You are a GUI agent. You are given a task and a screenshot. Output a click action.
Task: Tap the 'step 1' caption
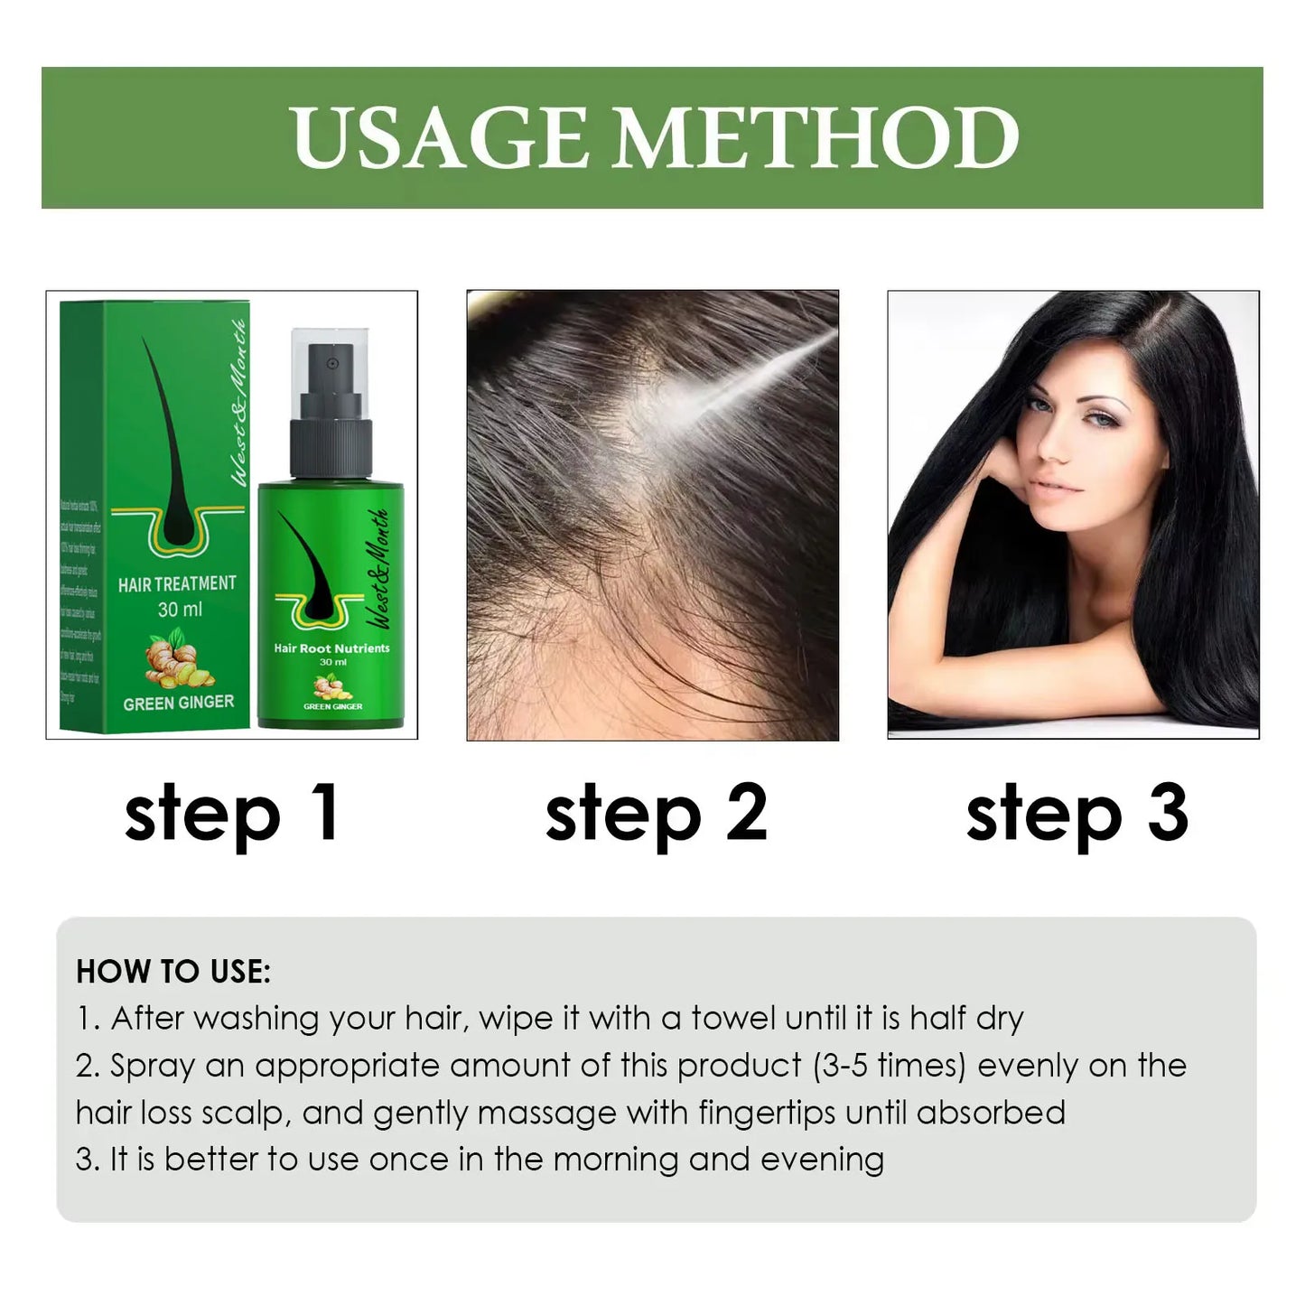click(x=232, y=814)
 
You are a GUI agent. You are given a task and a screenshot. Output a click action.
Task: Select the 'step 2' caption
click(x=657, y=814)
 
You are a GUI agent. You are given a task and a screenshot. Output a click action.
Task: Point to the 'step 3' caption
click(x=1077, y=814)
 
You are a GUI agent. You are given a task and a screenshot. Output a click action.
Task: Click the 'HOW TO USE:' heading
click(x=173, y=972)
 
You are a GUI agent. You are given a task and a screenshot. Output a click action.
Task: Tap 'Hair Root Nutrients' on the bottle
click(x=331, y=648)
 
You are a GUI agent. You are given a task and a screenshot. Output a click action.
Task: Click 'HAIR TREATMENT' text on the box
click(x=177, y=584)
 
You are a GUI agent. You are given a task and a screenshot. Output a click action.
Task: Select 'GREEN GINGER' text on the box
click(x=178, y=703)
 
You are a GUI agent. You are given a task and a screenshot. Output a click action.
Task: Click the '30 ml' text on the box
click(x=180, y=611)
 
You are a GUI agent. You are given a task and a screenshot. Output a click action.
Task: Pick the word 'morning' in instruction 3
click(x=616, y=1160)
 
